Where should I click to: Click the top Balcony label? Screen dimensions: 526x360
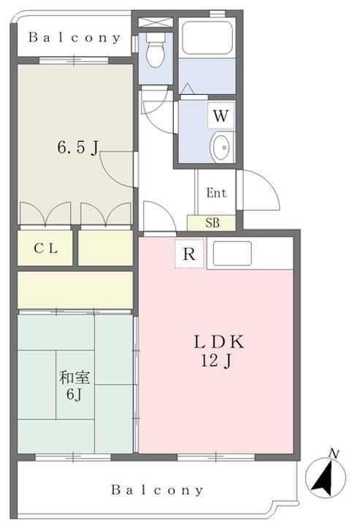point(70,38)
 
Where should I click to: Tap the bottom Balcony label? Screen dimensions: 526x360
point(158,490)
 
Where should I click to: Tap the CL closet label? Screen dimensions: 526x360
point(45,248)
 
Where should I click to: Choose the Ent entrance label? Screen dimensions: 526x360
point(216,194)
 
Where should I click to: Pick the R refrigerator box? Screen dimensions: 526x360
point(189,254)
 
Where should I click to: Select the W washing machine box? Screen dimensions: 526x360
point(221,115)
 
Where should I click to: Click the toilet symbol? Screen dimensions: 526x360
point(155,51)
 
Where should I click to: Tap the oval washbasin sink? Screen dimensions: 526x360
point(220,145)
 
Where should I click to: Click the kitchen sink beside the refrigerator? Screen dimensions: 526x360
point(231,254)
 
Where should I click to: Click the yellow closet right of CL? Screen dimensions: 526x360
point(105,248)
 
